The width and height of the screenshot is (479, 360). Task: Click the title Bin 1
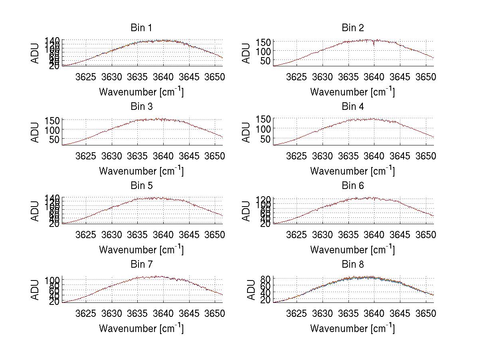[141, 28]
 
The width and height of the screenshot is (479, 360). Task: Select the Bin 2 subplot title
[352, 28]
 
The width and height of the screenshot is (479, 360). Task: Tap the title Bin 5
[141, 186]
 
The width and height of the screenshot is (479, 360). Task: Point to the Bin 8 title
[352, 265]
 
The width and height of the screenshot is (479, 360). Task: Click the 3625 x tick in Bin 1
[86, 77]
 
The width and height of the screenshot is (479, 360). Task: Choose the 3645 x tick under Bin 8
[400, 314]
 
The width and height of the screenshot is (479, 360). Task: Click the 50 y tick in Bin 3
[55, 139]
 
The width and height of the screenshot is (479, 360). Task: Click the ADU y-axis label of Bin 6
[247, 211]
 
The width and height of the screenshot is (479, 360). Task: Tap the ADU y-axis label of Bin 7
[36, 289]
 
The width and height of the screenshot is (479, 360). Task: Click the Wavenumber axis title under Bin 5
[141, 250]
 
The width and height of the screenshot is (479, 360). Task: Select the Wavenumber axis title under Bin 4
[352, 171]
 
